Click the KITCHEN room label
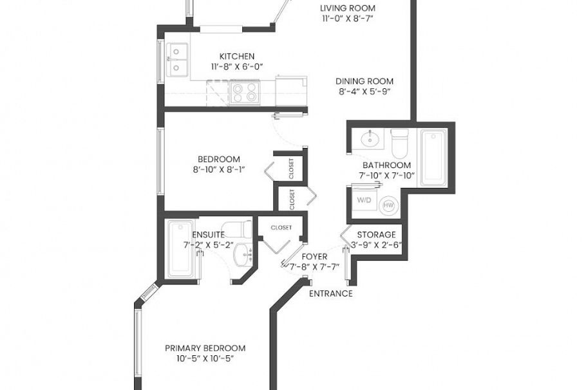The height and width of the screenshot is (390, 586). (236, 57)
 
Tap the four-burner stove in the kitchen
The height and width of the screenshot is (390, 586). (245, 92)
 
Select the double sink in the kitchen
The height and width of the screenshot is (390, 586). (177, 59)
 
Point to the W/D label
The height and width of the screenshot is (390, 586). (364, 200)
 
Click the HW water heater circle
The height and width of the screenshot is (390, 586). (389, 205)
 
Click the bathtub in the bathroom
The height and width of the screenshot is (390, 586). (433, 158)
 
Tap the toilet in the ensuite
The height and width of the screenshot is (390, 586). (237, 228)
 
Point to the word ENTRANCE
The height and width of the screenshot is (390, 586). (331, 293)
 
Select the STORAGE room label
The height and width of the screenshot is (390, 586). (376, 235)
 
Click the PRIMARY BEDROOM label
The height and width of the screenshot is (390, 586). (205, 348)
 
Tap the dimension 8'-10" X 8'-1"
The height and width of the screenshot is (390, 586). (219, 170)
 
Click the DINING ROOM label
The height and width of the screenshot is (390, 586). (364, 82)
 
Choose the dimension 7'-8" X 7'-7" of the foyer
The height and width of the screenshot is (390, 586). (314, 266)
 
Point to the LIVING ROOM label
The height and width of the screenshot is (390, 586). (348, 8)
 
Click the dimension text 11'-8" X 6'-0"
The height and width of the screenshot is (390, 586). (237, 67)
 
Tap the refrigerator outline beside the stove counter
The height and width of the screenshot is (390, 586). (291, 91)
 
